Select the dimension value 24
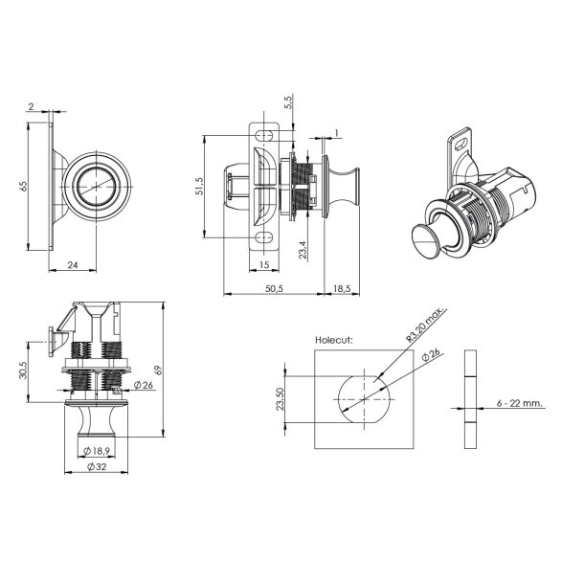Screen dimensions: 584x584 tap(74, 264)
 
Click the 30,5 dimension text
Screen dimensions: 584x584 tap(24, 370)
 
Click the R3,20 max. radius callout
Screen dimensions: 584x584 tap(417, 331)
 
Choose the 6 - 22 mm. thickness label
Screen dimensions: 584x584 tap(520, 404)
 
